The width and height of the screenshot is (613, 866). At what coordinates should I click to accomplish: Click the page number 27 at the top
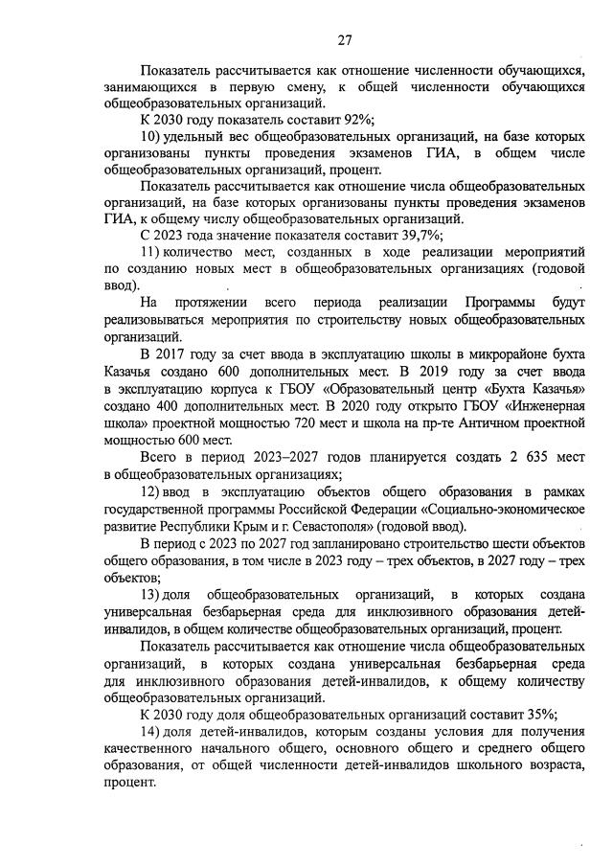pyautogui.click(x=345, y=39)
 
